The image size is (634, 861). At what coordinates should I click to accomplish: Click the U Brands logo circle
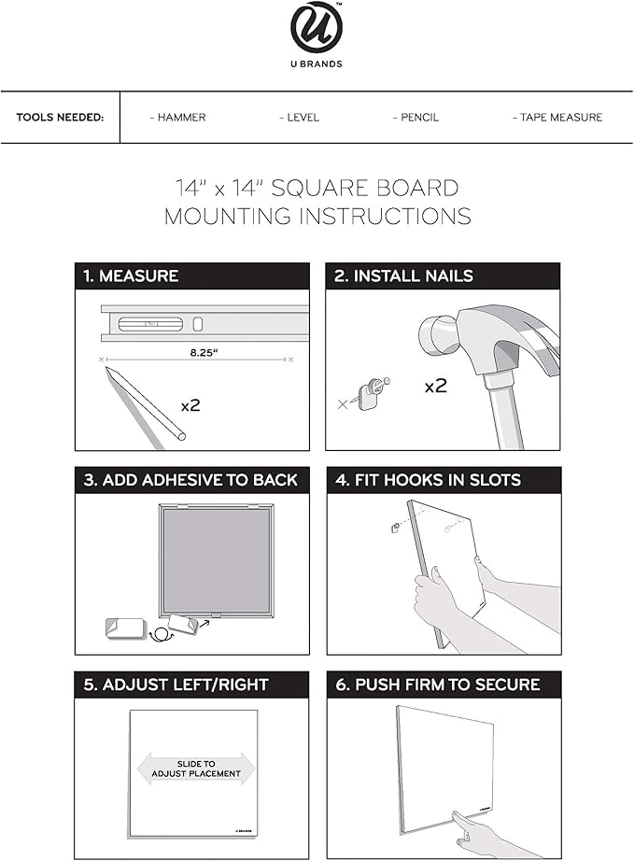[317, 28]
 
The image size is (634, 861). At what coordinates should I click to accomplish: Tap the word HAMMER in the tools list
[178, 118]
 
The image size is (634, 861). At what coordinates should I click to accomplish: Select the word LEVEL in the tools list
[300, 118]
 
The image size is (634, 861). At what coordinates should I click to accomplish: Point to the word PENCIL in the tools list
[416, 118]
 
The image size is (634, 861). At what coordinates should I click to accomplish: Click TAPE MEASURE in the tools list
[557, 118]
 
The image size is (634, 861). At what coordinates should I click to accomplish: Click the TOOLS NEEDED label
[60, 118]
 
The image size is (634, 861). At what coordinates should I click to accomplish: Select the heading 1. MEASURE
[131, 276]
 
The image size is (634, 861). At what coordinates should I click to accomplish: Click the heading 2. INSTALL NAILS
[403, 276]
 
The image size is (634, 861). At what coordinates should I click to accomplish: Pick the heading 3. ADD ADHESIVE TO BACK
[190, 480]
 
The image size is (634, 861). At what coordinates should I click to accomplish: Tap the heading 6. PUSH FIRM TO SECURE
[437, 685]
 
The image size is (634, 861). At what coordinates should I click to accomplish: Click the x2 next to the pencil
[190, 405]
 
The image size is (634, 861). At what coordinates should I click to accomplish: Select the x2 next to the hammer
[435, 385]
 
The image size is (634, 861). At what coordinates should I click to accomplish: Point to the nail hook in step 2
[370, 393]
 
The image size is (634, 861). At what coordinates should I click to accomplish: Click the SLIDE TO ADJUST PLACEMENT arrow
[195, 769]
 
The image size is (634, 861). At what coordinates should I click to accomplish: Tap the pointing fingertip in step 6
[458, 818]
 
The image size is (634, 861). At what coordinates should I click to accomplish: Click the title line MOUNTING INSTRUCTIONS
[317, 217]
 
